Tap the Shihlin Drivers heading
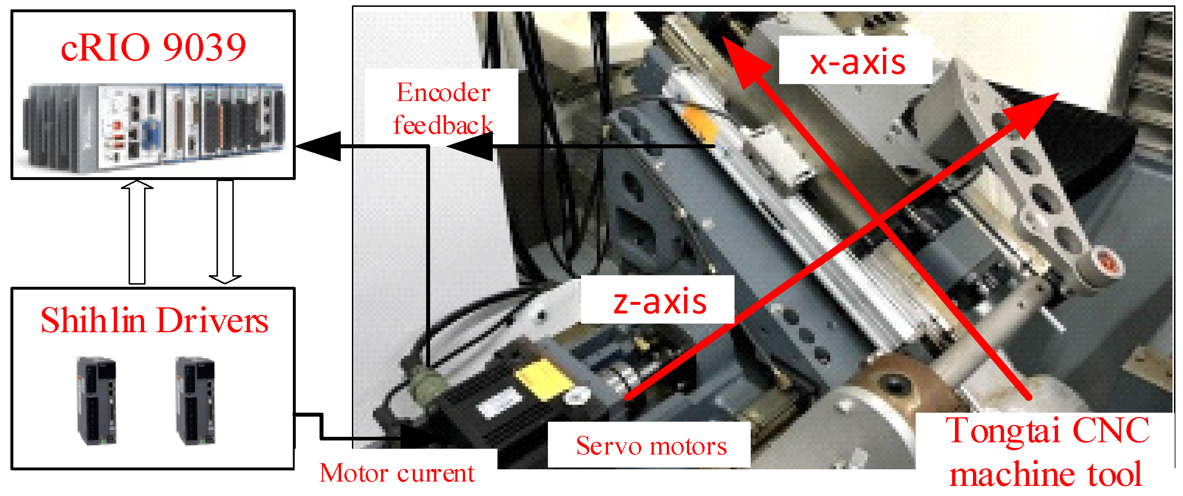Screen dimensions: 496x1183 click(x=154, y=320)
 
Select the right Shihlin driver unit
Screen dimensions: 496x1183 click(x=196, y=401)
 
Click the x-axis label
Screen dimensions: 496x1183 click(x=857, y=62)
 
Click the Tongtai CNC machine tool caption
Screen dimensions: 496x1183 click(x=1047, y=452)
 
